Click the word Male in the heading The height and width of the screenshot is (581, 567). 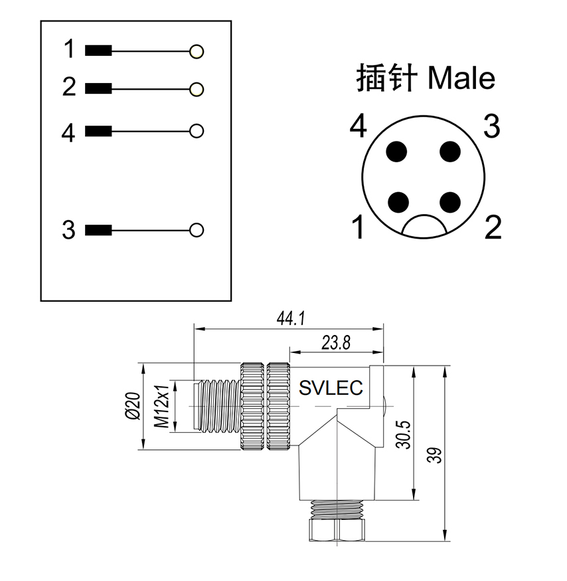(x=461, y=78)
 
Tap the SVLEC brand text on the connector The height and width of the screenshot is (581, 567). (x=331, y=388)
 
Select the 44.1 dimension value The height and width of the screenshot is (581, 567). (x=291, y=318)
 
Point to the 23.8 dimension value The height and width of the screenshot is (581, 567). (x=336, y=343)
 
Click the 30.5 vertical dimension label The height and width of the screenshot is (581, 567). (x=404, y=435)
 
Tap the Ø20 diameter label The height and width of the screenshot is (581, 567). (x=133, y=406)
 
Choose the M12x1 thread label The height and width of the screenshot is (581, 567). (x=162, y=406)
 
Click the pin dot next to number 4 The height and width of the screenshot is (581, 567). (x=396, y=152)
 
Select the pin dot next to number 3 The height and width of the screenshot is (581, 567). (x=450, y=152)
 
